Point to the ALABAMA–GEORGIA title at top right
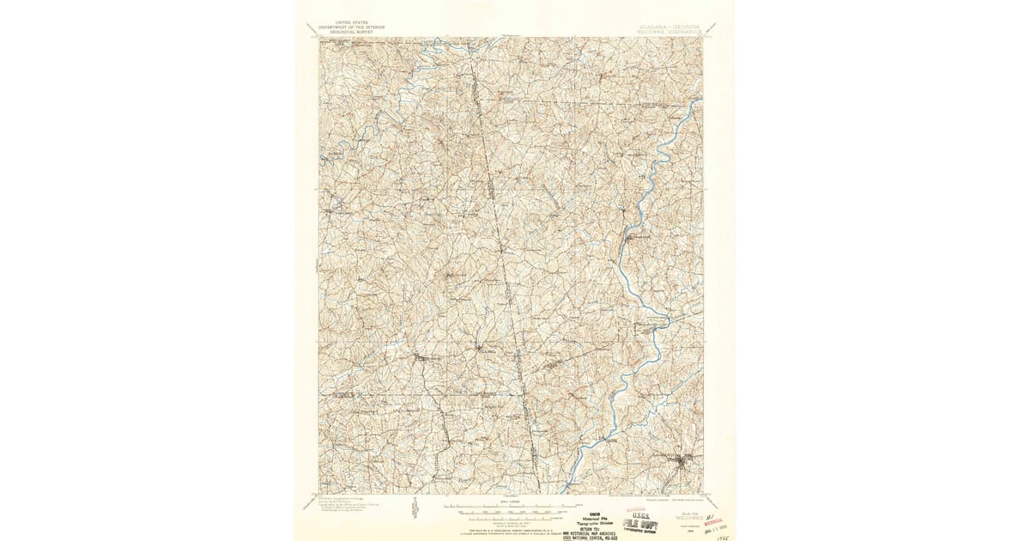click(669, 27)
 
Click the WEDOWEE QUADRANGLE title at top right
click(669, 33)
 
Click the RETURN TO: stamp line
click(587, 526)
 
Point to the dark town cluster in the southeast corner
click(682, 465)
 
